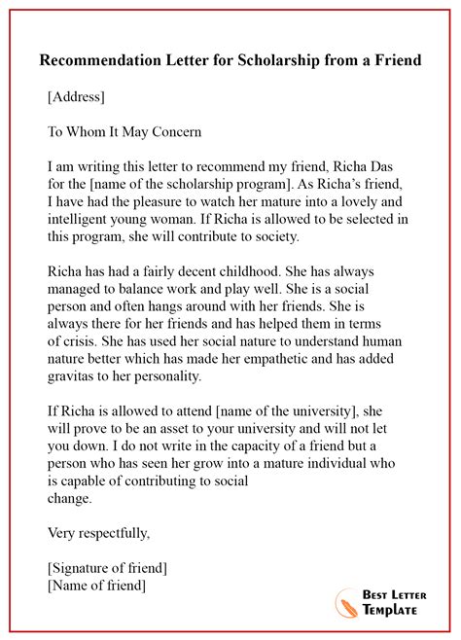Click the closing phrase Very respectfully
coord(98,533)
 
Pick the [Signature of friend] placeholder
coord(106,567)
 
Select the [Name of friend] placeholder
coord(96,585)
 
